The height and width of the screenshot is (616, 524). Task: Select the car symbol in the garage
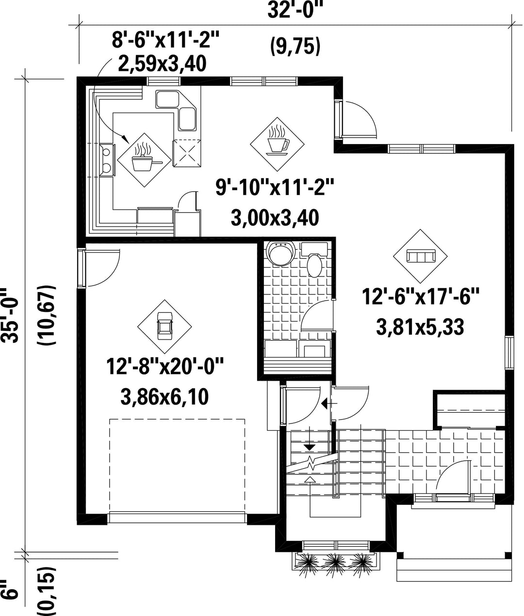[x=164, y=326]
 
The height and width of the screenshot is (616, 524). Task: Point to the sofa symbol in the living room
[x=421, y=256]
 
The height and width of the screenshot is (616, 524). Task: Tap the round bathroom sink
[x=281, y=253]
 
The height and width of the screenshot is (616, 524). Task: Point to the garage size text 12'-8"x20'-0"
[x=165, y=366]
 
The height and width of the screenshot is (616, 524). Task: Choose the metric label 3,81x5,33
[x=420, y=327]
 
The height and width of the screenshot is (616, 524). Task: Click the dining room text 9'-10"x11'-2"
[x=275, y=187]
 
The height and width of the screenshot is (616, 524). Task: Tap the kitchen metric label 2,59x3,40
[x=162, y=64]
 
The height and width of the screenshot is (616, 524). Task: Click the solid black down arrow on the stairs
[x=310, y=447]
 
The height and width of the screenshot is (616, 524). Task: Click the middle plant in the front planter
[x=335, y=562]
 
